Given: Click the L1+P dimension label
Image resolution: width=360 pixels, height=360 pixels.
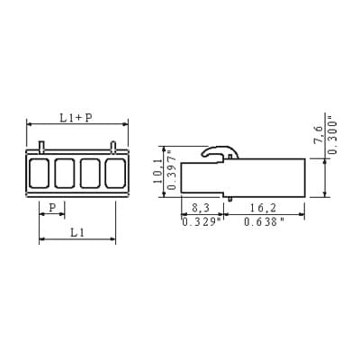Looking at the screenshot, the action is (76, 118).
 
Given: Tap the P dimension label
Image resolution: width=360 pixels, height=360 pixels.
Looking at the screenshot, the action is (52, 207).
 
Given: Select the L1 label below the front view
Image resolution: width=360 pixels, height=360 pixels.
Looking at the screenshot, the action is (77, 232).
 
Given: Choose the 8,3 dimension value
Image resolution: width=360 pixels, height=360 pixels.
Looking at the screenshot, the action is (201, 208).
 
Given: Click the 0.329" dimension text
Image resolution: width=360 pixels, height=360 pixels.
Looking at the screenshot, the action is (203, 222).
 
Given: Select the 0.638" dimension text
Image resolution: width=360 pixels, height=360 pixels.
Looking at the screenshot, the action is (264, 222).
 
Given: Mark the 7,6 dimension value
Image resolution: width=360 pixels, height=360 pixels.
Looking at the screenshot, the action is (319, 135).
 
